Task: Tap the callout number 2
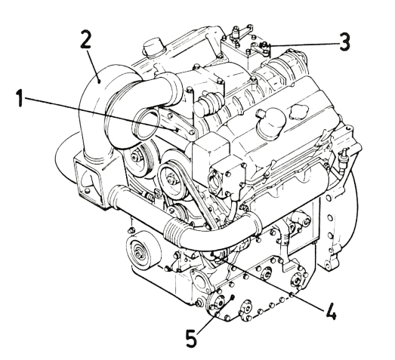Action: [x=86, y=38]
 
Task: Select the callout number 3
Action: [x=344, y=42]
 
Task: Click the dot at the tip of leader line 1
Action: [x=177, y=130]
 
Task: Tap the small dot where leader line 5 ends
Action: [x=233, y=296]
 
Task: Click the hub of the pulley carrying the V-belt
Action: [x=171, y=178]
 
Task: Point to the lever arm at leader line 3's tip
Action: [x=259, y=49]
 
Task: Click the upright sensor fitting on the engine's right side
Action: [x=343, y=157]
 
